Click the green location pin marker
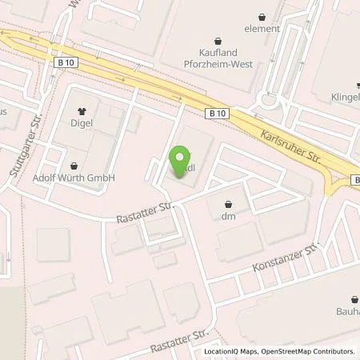(182, 161)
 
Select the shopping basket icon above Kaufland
(217, 38)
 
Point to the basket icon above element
(263, 16)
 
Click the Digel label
(81, 124)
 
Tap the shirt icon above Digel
(81, 112)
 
